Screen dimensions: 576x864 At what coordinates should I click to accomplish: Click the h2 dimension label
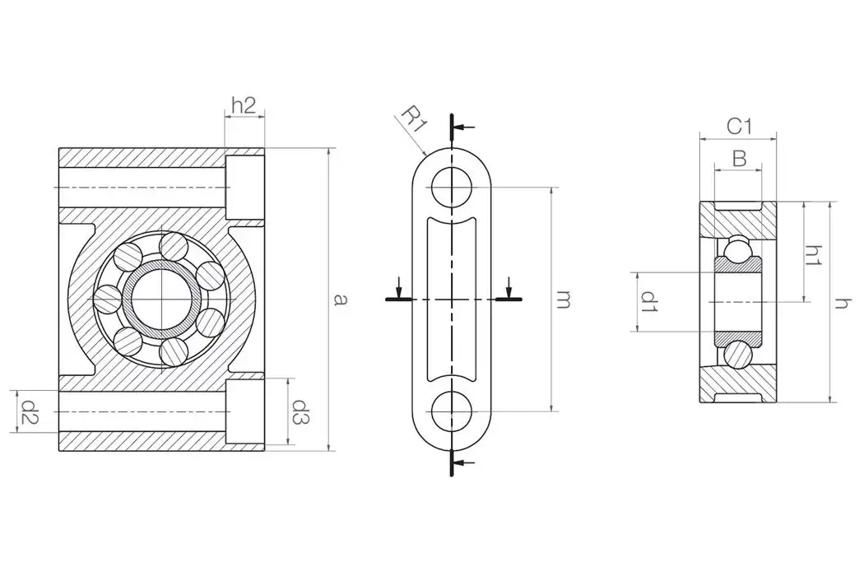[x=244, y=105]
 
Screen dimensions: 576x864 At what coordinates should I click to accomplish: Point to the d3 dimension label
[x=301, y=411]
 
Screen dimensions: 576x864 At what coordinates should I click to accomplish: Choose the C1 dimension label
[x=739, y=126]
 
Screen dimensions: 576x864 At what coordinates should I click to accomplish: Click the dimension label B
[x=739, y=159]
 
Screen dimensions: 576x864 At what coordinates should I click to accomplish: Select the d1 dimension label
[x=649, y=301]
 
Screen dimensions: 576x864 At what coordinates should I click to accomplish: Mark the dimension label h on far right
[x=841, y=303]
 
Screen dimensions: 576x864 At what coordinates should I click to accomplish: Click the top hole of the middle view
[x=452, y=188]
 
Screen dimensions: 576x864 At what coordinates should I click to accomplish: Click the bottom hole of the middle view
[x=452, y=411]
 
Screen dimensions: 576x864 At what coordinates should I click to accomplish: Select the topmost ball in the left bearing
[x=174, y=246]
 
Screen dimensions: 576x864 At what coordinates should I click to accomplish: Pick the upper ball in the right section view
[x=738, y=246]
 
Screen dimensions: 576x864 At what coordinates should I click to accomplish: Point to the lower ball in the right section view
[x=738, y=355]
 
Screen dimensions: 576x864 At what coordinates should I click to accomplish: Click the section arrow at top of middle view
[x=464, y=128]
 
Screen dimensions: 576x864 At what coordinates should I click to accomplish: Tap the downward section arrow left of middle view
[x=399, y=289]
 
